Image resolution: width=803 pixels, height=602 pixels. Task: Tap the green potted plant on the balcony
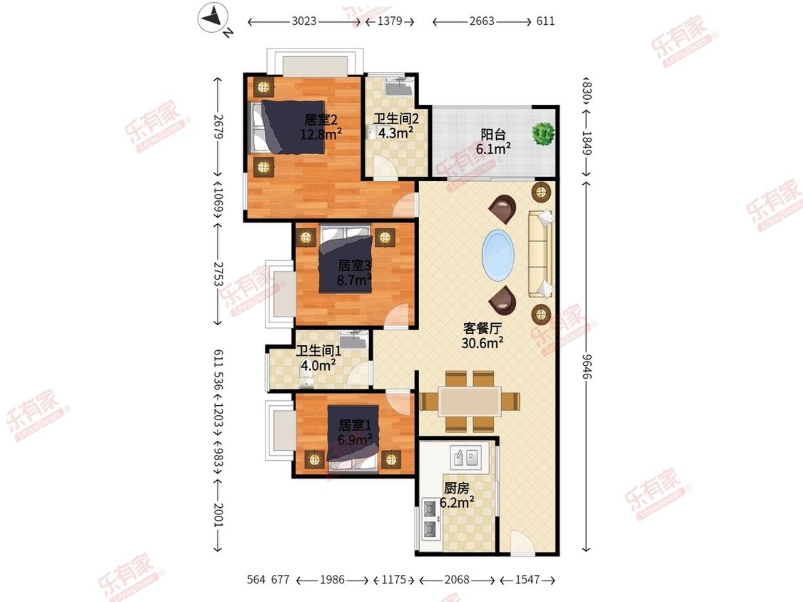[543, 133]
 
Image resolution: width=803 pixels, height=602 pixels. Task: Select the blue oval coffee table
[498, 255]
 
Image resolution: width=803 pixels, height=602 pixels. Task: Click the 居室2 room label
[320, 120]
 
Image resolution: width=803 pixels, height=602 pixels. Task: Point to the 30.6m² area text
[482, 342]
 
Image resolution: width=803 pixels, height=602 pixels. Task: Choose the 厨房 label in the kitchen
[456, 488]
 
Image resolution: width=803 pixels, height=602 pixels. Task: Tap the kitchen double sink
[465, 456]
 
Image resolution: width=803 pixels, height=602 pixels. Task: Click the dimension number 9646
[587, 366]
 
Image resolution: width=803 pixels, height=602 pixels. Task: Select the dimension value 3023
[304, 21]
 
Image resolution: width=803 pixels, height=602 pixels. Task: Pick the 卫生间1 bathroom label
[318, 351]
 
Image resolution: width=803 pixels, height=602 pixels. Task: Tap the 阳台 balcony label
[493, 135]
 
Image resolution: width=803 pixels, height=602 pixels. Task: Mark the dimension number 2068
[457, 579]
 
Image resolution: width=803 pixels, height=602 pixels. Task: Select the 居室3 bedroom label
[354, 265]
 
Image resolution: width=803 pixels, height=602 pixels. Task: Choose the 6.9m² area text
[354, 439]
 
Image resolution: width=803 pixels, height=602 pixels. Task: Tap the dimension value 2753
[218, 274]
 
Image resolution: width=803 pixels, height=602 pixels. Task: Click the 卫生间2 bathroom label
[396, 119]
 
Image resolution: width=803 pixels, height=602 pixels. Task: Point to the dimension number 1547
[527, 579]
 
